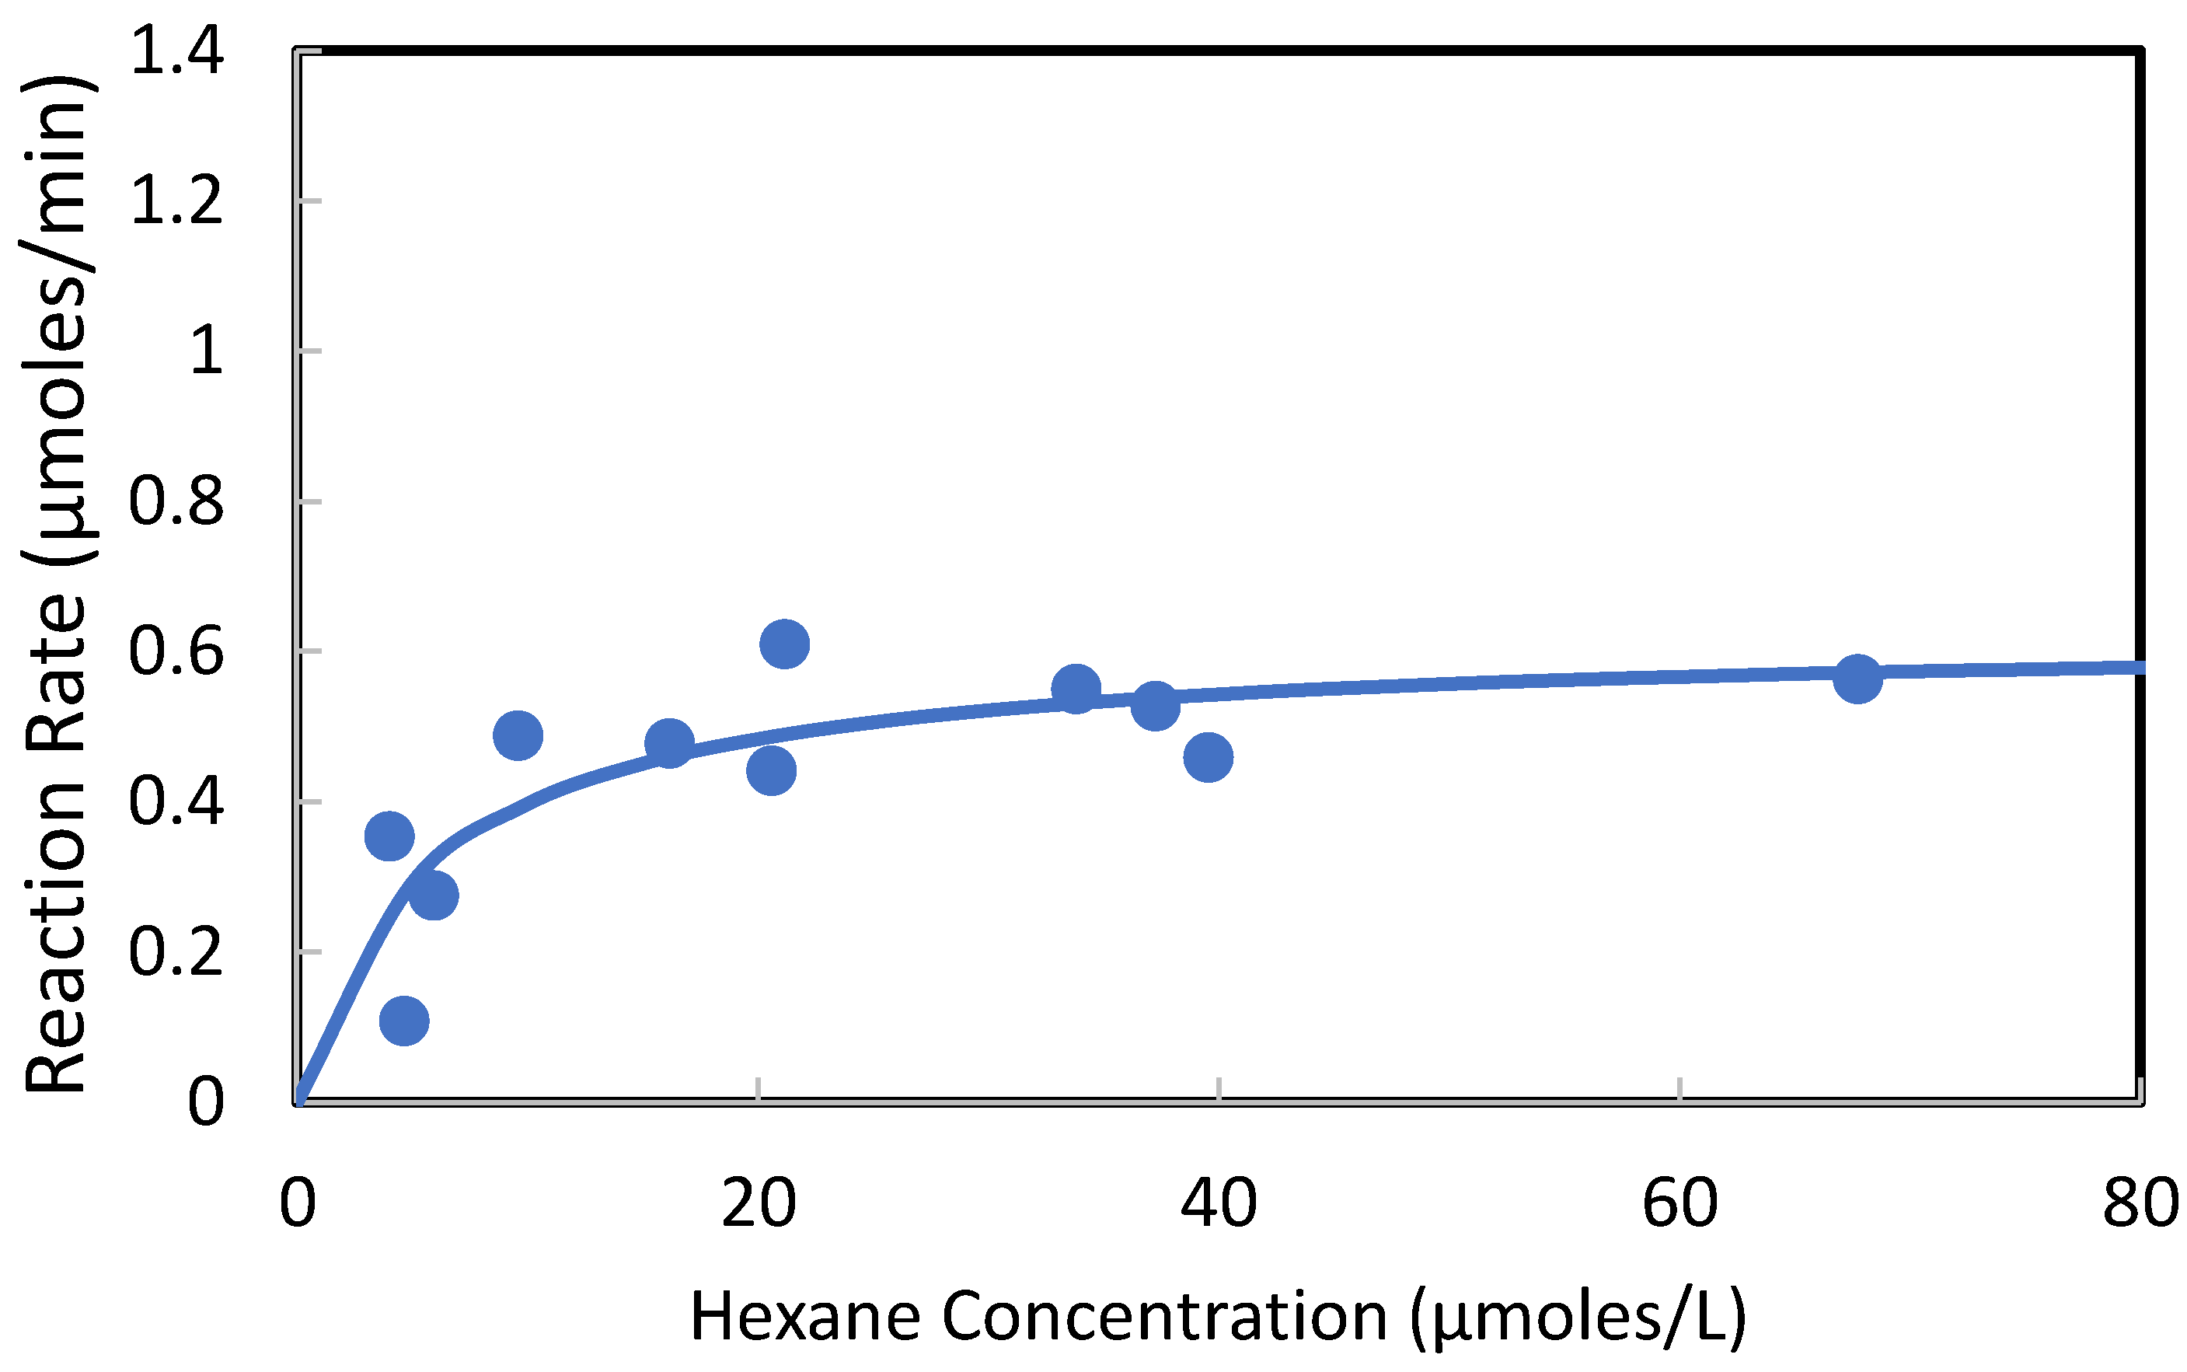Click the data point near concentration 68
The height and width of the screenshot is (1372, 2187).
coord(1857,678)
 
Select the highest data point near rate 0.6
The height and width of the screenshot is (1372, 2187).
coord(783,644)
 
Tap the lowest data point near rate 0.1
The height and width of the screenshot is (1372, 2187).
coord(403,1021)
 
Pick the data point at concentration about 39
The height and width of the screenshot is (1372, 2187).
coord(1207,758)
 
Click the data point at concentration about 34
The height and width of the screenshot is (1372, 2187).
coord(1076,689)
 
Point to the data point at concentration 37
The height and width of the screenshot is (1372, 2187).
coord(1155,706)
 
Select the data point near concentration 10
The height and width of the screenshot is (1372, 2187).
coord(518,735)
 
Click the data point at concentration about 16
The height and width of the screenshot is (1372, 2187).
coord(669,744)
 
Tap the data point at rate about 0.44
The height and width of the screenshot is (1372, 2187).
coord(771,770)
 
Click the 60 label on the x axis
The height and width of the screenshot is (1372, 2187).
coord(1680,1204)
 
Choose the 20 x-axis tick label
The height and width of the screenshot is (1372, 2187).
coord(759,1204)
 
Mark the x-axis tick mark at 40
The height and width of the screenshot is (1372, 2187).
coord(1218,1090)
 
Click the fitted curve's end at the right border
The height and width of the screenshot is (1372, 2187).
coord(2139,668)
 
